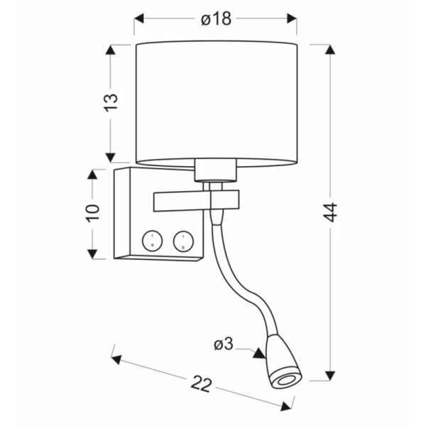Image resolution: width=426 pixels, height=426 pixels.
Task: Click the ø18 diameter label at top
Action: tap(215, 19)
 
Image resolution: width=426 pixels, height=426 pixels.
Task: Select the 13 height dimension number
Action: tap(110, 102)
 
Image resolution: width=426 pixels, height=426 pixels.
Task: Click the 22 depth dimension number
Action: tap(202, 386)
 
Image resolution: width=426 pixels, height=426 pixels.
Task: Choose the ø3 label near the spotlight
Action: tap(224, 344)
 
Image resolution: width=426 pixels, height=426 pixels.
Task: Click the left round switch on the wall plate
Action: tap(151, 240)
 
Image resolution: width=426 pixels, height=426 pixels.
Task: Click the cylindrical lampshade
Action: tap(215, 103)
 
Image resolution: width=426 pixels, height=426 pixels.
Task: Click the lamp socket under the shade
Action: tap(214, 171)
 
